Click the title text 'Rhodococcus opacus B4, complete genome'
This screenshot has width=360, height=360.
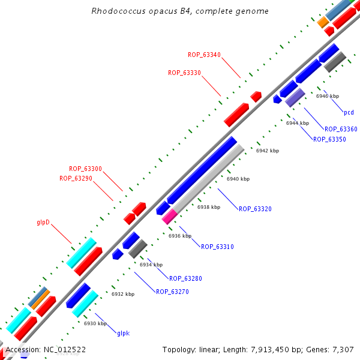180,11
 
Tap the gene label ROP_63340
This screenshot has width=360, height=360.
204,55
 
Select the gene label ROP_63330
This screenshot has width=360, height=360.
184,73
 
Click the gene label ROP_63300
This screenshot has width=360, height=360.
85,169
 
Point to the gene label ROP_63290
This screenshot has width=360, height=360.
76,178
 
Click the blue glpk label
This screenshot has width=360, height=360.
123,333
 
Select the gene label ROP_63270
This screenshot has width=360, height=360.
172,292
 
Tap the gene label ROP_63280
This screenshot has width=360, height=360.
185,278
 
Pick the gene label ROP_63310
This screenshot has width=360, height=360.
217,247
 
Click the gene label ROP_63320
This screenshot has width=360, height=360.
255,209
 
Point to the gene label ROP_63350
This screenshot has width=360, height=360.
329,139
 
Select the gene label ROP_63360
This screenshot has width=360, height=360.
341,129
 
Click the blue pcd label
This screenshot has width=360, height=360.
349,112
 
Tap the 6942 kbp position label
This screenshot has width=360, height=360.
268,151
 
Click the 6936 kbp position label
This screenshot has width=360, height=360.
179,236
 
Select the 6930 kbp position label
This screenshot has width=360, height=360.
95,323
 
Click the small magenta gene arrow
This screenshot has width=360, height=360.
169,217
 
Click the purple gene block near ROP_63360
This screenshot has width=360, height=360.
295,97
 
